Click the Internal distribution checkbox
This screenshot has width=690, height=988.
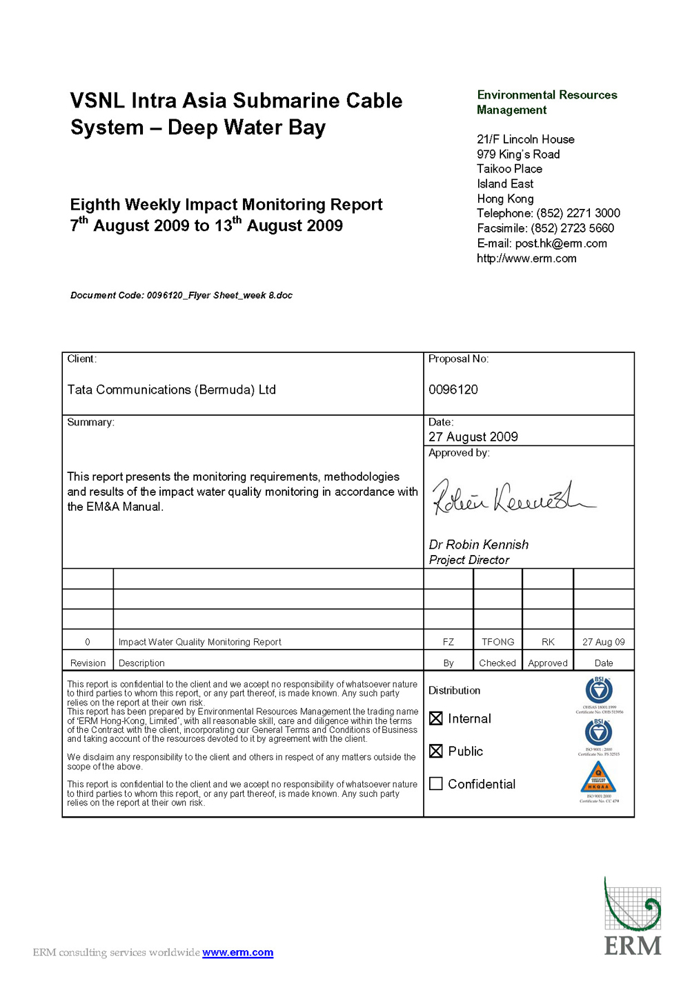[x=436, y=718]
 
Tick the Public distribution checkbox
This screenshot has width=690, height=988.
[x=436, y=751]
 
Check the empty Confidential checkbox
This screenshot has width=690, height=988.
[x=436, y=784]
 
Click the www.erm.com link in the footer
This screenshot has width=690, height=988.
[x=237, y=952]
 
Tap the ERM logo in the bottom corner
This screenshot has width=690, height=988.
[x=632, y=917]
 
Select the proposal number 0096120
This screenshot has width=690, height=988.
[x=453, y=390]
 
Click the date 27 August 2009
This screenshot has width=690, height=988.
[x=473, y=436]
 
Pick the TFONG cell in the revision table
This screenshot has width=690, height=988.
[x=497, y=642]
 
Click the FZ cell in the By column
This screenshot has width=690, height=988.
[x=448, y=642]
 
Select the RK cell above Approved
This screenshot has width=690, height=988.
[x=548, y=642]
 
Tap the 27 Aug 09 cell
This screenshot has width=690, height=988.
[x=603, y=642]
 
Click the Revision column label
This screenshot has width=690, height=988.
[x=88, y=663]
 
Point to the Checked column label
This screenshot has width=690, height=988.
[x=497, y=663]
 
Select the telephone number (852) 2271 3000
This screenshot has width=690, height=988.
[x=578, y=213]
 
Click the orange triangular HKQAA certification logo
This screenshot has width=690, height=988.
[x=598, y=778]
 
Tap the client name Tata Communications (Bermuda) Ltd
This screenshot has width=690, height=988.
[x=172, y=390]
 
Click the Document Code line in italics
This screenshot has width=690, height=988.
[x=181, y=295]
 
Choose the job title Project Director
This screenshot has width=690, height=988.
[x=469, y=560]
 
